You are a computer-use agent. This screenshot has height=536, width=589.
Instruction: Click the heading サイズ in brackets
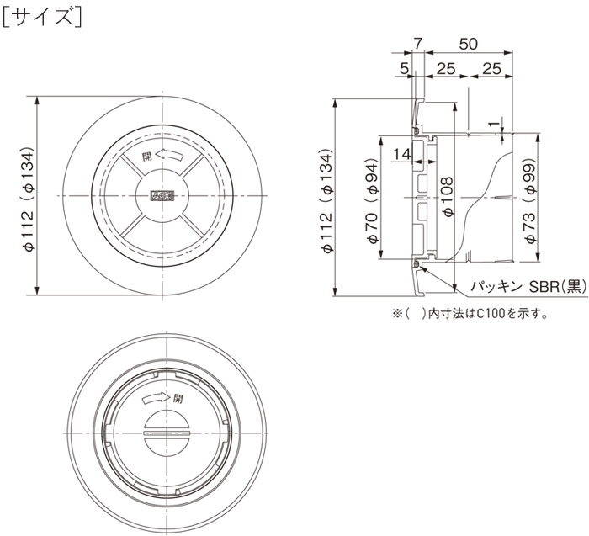click(41, 16)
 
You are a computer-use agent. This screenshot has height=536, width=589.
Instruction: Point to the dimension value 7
click(418, 43)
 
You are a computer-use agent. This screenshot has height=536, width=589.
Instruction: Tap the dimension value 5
click(405, 66)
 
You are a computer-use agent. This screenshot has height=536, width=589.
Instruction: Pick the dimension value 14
click(402, 154)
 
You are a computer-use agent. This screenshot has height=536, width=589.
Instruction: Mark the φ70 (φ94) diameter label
click(373, 199)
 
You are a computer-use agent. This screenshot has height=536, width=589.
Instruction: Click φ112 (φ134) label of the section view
click(325, 199)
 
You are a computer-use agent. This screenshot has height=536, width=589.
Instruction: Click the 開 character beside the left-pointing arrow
click(147, 156)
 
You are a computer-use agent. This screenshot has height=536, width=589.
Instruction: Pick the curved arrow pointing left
click(168, 154)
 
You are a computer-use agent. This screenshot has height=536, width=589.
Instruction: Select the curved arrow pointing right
click(155, 395)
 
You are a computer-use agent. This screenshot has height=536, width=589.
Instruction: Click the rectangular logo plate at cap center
click(162, 196)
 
